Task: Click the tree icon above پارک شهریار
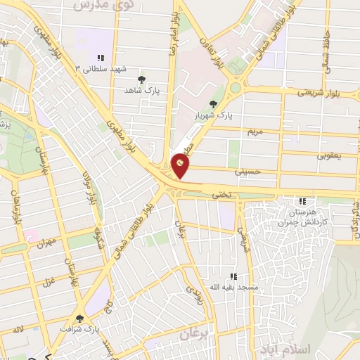(223, 104)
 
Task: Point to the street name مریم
(255, 131)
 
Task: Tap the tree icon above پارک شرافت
(79, 319)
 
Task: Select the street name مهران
(47, 241)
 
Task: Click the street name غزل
(49, 282)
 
